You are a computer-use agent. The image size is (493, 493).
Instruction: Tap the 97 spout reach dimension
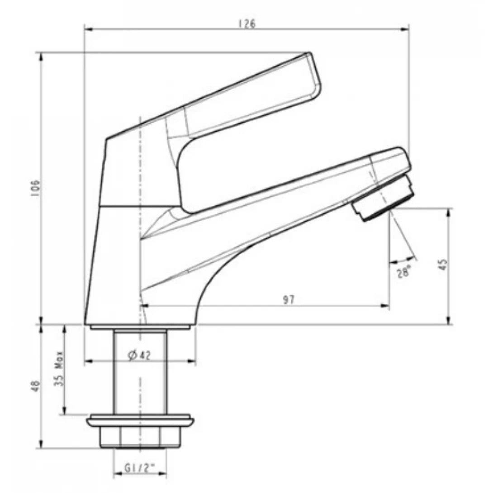pyautogui.click(x=289, y=300)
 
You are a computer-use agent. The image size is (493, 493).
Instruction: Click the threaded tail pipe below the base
pyautogui.click(x=140, y=371)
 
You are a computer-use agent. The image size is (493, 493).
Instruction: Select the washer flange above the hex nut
pyautogui.click(x=140, y=421)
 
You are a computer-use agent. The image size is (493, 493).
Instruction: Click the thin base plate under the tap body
pyautogui.click(x=140, y=327)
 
